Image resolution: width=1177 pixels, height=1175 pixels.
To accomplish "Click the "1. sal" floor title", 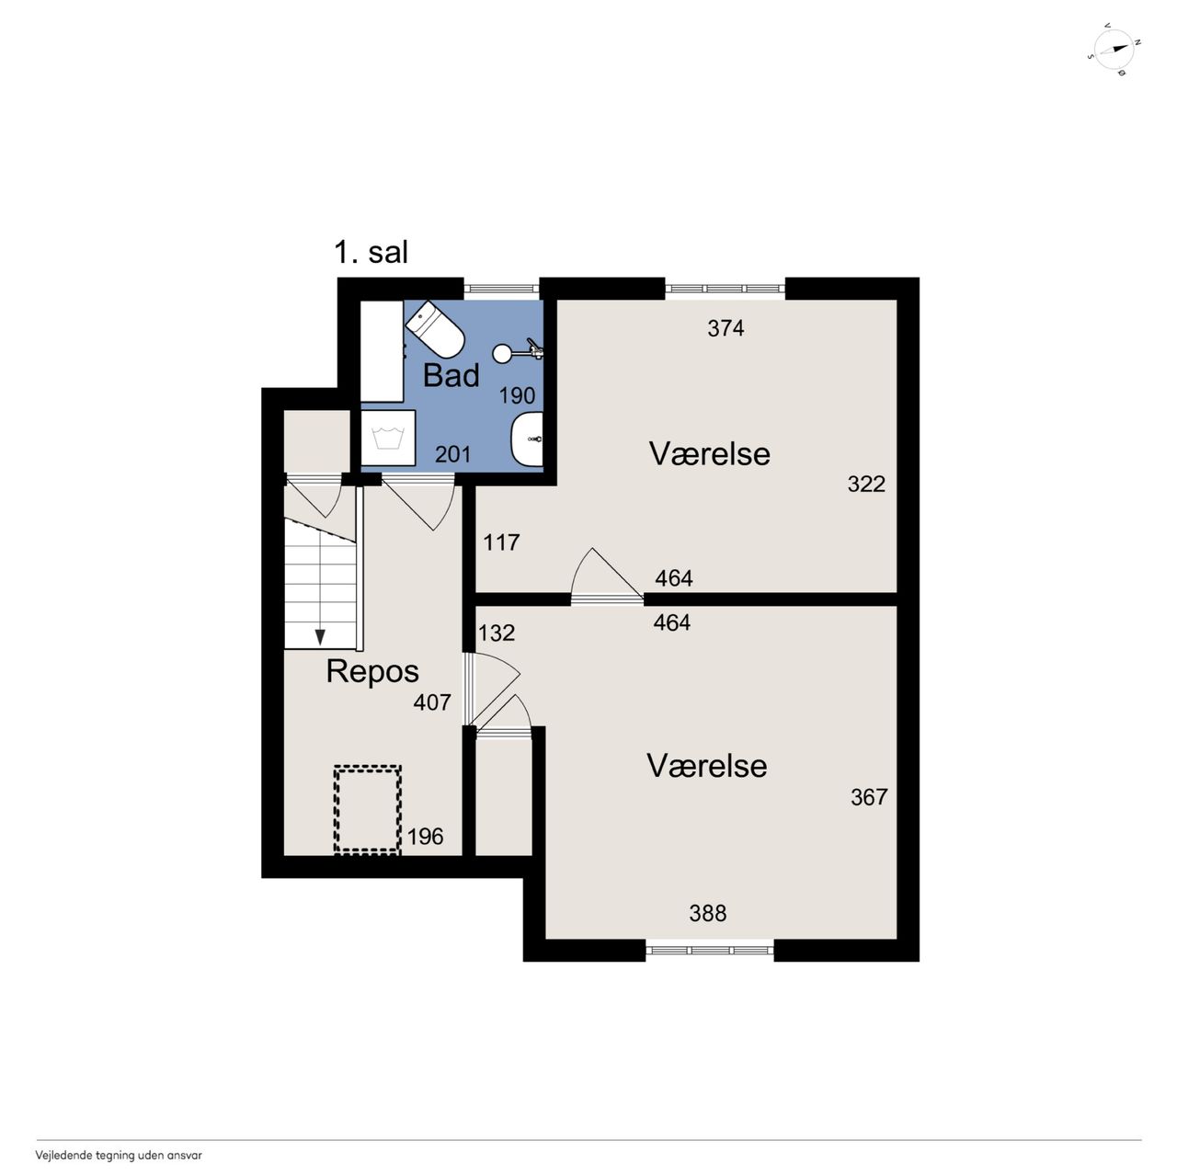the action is pyautogui.click(x=371, y=252).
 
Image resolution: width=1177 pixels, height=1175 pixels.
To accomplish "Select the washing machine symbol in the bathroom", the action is pyautogui.click(x=388, y=438).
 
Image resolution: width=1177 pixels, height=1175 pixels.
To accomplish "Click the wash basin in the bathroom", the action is pyautogui.click(x=527, y=439).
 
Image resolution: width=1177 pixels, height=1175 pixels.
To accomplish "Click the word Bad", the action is pyautogui.click(x=451, y=375).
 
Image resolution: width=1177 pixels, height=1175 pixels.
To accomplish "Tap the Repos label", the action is pyautogui.click(x=372, y=672).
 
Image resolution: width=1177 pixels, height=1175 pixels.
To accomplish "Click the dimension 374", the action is pyautogui.click(x=726, y=328).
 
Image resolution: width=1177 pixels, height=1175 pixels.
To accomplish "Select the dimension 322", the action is pyautogui.click(x=866, y=485).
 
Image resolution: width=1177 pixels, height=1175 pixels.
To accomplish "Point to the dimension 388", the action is pyautogui.click(x=708, y=914).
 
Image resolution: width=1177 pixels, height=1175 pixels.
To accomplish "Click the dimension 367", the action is pyautogui.click(x=869, y=797).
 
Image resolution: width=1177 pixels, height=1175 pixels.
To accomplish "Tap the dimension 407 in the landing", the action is pyautogui.click(x=432, y=703).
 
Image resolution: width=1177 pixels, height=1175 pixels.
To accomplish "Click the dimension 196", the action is pyautogui.click(x=425, y=837).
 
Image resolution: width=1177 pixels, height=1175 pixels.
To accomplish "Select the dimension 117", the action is pyautogui.click(x=501, y=542).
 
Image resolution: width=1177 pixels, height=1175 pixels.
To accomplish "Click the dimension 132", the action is pyautogui.click(x=497, y=633).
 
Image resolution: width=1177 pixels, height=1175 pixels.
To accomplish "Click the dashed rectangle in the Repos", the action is pyautogui.click(x=367, y=810).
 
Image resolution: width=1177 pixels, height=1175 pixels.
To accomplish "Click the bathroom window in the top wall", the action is pyautogui.click(x=501, y=289).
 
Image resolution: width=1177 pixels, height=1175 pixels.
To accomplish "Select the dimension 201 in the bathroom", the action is pyautogui.click(x=453, y=454).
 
